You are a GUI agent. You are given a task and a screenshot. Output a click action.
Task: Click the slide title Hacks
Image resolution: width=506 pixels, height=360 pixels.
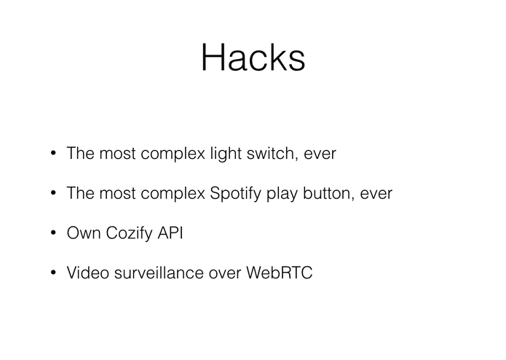[x=253, y=57]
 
